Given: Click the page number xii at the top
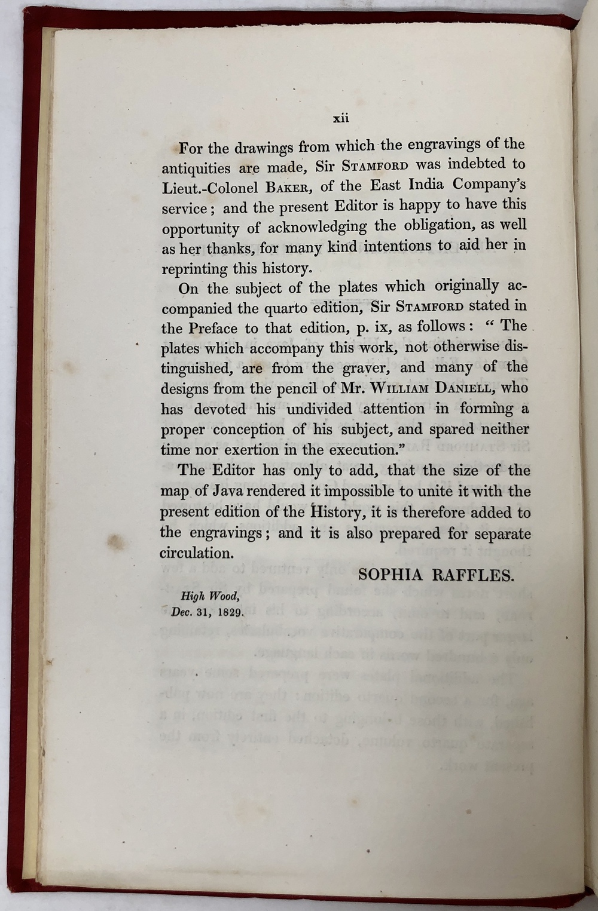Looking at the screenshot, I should tap(340, 119).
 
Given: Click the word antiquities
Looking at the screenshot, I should tap(190, 168).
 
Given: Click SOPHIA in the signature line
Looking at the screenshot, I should tap(390, 575).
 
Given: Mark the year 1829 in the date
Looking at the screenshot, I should tap(228, 612).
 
